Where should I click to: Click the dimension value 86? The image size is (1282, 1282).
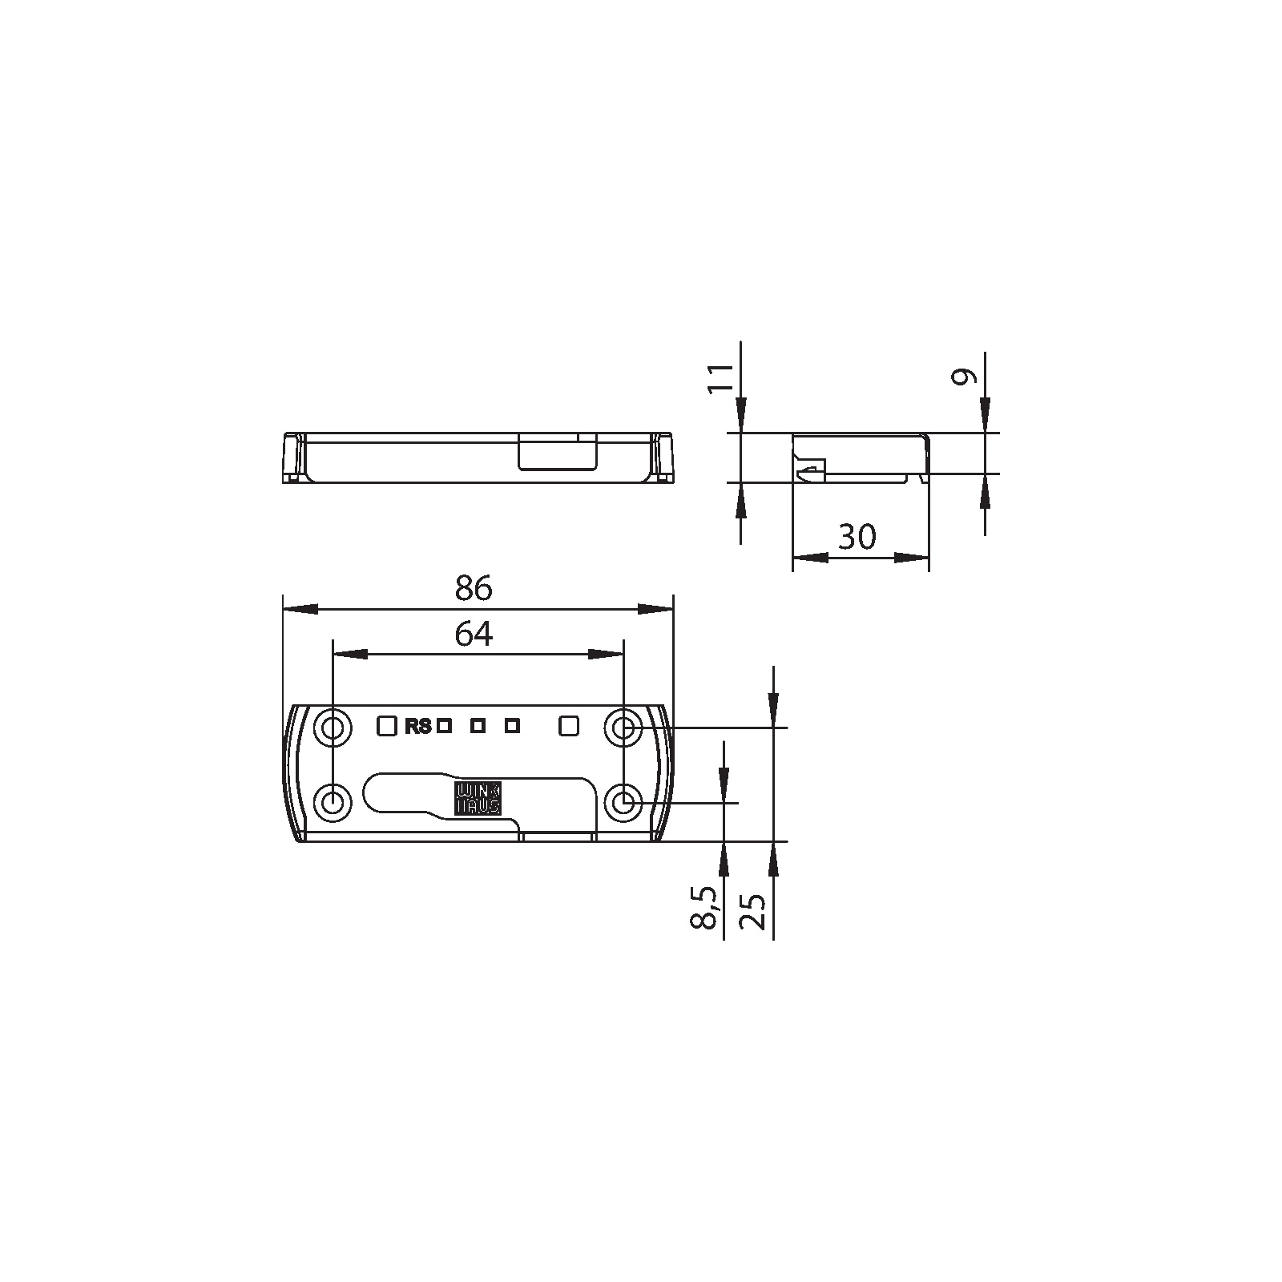pyautogui.click(x=473, y=589)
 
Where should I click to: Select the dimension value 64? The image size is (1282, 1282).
pyautogui.click(x=474, y=635)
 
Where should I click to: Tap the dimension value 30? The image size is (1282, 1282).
pyautogui.click(x=857, y=537)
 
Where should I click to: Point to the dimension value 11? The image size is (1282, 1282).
pyautogui.click(x=723, y=377)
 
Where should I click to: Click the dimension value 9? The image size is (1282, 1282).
pyautogui.click(x=963, y=377)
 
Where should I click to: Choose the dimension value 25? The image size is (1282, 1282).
pyautogui.click(x=753, y=910)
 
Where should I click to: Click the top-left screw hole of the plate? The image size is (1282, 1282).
pyautogui.click(x=333, y=728)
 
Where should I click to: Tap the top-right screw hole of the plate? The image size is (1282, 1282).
pyautogui.click(x=623, y=728)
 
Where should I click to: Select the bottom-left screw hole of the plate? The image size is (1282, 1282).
pyautogui.click(x=333, y=802)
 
